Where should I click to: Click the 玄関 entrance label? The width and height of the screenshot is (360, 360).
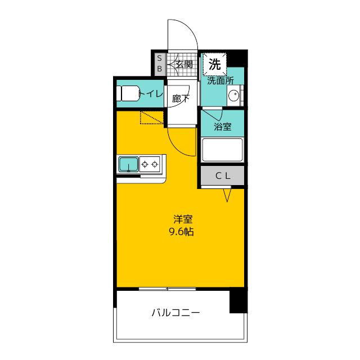tap(184, 65)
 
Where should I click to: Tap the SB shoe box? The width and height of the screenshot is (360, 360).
tap(160, 64)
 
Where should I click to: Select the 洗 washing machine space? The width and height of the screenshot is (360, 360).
tap(215, 64)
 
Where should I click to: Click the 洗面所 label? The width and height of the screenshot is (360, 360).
tap(220, 81)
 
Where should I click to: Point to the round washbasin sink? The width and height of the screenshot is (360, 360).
tap(234, 95)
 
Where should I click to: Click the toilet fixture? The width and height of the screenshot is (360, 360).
tap(128, 93)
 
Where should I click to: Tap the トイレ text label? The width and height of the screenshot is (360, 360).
tap(151, 93)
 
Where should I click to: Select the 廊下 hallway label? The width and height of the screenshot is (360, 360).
tap(181, 99)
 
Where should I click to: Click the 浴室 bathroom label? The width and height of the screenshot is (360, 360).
tap(223, 127)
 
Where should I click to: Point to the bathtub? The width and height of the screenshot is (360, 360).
tap(222, 150)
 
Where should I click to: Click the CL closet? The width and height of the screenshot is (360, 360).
tap(223, 175)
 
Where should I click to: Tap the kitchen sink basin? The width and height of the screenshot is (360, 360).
tap(129, 164)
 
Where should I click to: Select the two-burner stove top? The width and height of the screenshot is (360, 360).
tap(150, 164)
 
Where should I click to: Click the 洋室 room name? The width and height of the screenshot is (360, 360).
tap(183, 219)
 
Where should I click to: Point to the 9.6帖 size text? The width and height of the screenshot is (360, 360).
tap(181, 232)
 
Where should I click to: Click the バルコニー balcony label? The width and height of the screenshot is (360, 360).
tap(175, 313)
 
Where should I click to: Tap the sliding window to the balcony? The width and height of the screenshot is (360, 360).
tap(168, 289)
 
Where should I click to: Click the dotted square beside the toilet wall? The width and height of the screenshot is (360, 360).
tap(152, 118)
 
